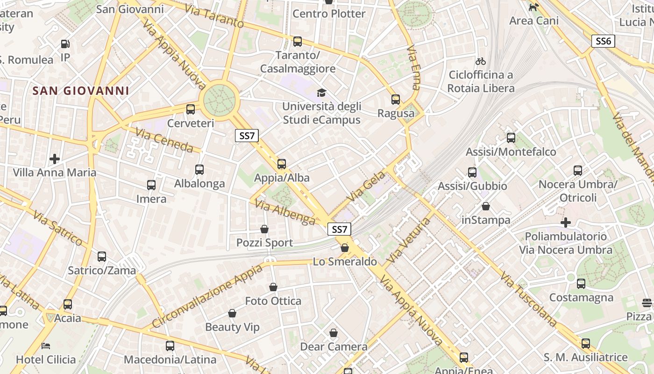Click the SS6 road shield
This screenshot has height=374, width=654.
point(603,41)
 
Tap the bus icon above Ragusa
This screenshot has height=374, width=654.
point(396,100)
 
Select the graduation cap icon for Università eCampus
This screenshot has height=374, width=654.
point(321,93)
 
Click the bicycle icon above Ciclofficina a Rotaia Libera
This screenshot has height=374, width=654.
point(480,61)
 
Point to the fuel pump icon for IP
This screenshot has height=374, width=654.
point(65,44)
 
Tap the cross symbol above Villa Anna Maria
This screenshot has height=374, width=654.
point(55,159)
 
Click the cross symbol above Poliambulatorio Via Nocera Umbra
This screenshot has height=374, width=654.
point(566,223)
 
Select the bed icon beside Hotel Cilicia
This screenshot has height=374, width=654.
point(46,346)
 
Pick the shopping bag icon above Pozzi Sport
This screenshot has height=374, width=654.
point(264,229)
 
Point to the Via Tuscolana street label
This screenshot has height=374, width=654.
point(528,299)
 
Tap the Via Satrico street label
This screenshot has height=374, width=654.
point(57,228)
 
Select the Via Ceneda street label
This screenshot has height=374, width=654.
point(164,140)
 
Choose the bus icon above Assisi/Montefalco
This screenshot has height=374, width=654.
point(511,138)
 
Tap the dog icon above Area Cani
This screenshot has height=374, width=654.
point(533,7)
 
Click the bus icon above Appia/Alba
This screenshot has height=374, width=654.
point(281,164)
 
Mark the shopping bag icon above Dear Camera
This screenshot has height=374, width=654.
point(334,333)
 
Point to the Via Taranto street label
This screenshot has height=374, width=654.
point(214,16)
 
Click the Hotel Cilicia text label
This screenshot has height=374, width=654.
point(46,360)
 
